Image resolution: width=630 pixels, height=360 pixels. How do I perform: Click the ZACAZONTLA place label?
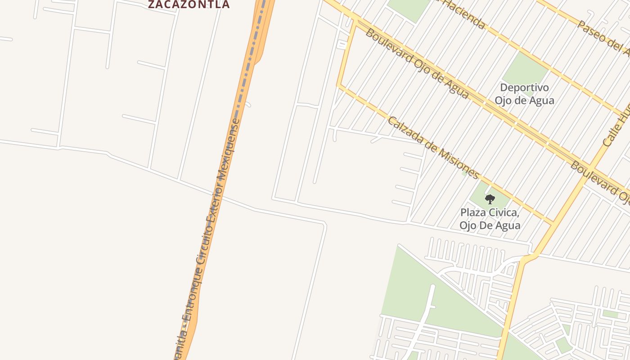pos(189,4)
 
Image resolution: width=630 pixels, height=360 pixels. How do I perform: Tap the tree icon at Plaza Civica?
pos(490,199)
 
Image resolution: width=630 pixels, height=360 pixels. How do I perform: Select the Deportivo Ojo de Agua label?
pos(524,94)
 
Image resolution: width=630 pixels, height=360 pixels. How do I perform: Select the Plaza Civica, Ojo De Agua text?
pos(490,218)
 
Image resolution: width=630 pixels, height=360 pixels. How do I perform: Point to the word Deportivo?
pos(524,87)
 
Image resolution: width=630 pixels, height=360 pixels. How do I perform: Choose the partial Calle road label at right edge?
pos(616,126)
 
